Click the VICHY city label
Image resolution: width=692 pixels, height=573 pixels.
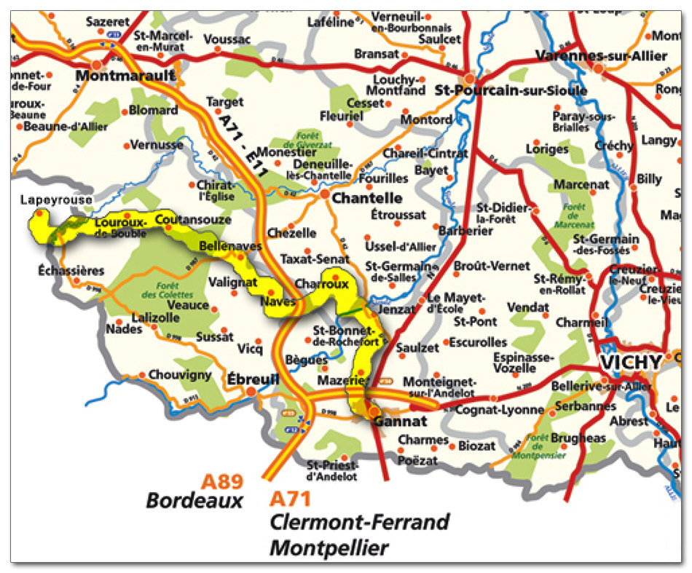point(630,362)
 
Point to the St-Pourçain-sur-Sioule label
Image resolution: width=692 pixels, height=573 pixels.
point(510,91)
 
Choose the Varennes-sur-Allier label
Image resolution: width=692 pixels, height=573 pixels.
point(601,55)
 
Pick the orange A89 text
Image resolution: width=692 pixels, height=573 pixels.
point(222,482)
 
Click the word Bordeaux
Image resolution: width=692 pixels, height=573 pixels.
point(194,502)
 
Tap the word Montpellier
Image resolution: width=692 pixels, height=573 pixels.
point(329,548)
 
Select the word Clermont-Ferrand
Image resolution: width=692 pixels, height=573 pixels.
point(359,523)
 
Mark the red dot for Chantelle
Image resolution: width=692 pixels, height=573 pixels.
point(325,194)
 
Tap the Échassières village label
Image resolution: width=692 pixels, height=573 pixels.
point(71,271)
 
